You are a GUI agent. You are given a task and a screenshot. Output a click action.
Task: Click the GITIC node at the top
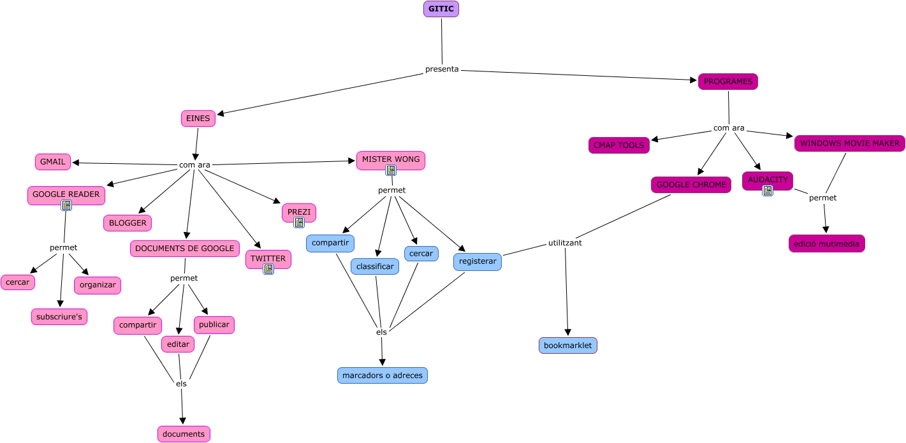click(441, 9)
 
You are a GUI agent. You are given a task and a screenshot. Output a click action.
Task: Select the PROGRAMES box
click(727, 82)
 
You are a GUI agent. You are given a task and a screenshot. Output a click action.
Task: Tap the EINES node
click(198, 119)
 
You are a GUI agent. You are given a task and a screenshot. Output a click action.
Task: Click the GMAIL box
click(53, 162)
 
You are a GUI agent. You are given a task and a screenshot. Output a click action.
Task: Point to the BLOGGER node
click(128, 223)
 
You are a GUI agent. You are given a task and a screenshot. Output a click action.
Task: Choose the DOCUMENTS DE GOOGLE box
click(185, 249)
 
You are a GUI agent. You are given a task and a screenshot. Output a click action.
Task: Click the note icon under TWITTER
click(268, 269)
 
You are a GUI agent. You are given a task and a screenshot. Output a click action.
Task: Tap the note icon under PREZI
click(299, 222)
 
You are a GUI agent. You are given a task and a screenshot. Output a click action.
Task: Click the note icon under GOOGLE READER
click(66, 205)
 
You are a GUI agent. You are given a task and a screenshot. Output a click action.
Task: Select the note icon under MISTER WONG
click(391, 170)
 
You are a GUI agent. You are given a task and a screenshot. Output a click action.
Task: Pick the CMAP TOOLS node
click(618, 145)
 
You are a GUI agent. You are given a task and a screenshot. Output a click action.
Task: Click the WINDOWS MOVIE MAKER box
click(850, 143)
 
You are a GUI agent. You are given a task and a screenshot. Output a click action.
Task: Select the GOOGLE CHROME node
click(691, 185)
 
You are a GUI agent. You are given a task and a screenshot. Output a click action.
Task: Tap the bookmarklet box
click(567, 345)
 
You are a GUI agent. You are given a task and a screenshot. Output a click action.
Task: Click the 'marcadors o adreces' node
click(383, 375)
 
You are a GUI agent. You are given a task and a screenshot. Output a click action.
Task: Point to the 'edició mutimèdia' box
click(826, 243)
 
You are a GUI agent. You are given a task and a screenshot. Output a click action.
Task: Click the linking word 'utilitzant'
click(565, 243)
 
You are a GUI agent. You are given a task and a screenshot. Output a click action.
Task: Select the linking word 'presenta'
click(442, 69)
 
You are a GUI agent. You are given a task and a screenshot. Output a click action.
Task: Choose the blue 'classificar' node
click(375, 266)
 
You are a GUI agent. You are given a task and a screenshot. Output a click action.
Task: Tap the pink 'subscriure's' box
click(59, 317)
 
